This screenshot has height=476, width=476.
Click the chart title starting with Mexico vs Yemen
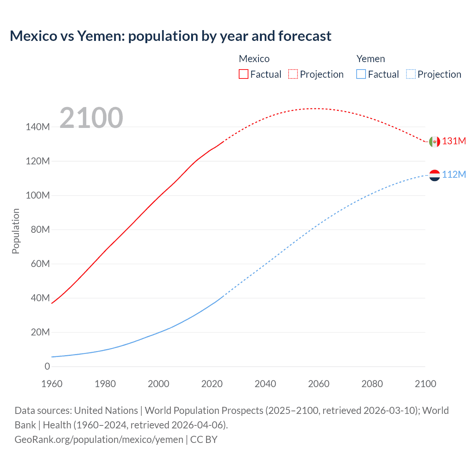[x=170, y=36]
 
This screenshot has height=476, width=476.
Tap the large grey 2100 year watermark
[x=91, y=118]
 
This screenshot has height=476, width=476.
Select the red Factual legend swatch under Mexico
[x=243, y=74]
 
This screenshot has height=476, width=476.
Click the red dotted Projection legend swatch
[x=293, y=74]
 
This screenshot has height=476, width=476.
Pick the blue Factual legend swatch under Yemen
[x=361, y=74]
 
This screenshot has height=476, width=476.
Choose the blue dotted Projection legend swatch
[x=411, y=74]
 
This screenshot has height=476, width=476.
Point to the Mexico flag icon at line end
[x=434, y=142]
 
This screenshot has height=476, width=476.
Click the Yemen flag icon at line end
[x=434, y=175]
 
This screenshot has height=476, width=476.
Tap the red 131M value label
[x=454, y=141]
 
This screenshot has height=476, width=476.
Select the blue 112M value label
[x=454, y=174]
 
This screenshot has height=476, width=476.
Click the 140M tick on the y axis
[x=38, y=127]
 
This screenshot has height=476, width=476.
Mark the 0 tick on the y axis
[x=47, y=367]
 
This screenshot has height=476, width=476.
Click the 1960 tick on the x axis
[x=52, y=384]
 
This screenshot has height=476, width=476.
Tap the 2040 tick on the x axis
[x=265, y=384]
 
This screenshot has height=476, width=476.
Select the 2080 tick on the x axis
[x=372, y=384]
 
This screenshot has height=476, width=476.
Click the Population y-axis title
[x=16, y=231]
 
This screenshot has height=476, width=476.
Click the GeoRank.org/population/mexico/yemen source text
[x=99, y=440]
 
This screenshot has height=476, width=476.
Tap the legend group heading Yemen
[x=370, y=59]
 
